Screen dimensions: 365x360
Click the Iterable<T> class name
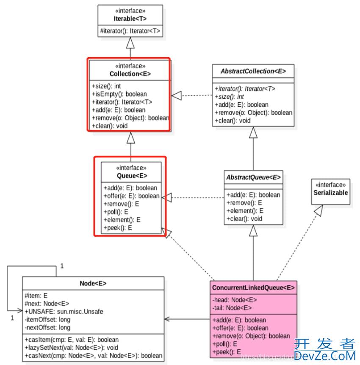click(130, 19)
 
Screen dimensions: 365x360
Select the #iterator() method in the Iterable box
click(130, 31)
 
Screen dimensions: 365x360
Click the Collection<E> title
click(130, 74)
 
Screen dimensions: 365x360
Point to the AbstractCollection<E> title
click(253, 71)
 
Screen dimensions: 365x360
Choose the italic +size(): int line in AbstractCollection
click(229, 97)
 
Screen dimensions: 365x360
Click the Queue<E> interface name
click(131, 176)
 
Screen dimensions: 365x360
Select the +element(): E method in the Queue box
click(122, 220)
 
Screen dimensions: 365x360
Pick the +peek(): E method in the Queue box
click(118, 228)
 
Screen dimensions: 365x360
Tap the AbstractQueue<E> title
click(253, 177)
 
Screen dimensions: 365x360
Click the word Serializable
click(331, 192)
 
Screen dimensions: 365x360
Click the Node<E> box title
click(93, 283)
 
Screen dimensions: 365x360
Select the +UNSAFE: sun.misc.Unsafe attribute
click(64, 312)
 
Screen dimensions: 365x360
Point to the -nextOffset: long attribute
click(47, 327)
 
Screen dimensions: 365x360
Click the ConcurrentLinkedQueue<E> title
click(253, 287)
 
